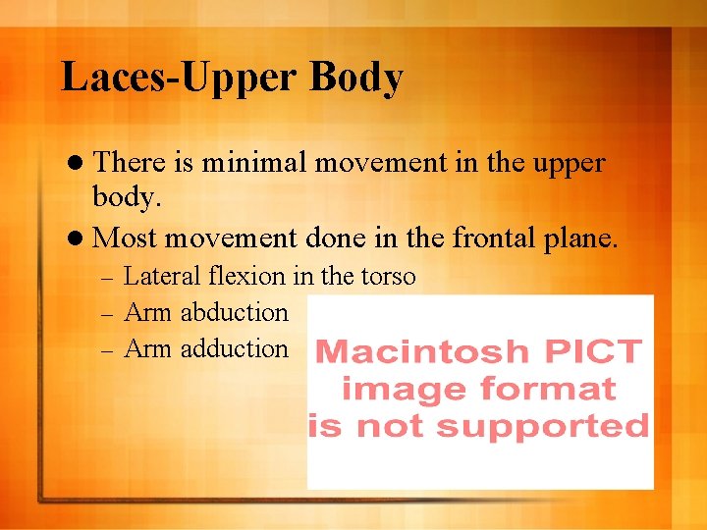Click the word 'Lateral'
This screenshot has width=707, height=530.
[164, 277]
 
